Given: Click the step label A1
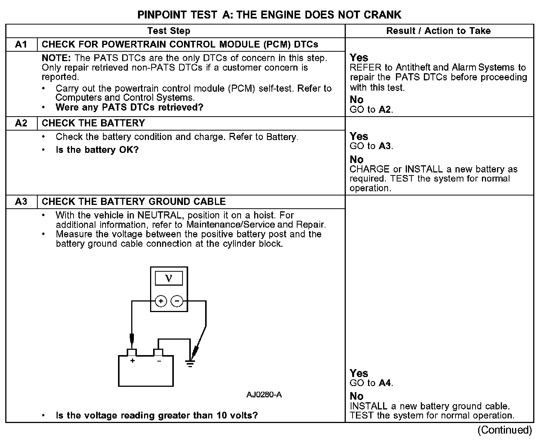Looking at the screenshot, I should click(x=21, y=45).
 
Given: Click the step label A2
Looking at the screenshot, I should click(x=21, y=123).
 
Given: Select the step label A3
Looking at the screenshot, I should click(x=21, y=202).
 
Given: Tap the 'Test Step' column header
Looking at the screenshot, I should click(x=169, y=31).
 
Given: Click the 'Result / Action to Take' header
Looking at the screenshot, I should click(x=439, y=31).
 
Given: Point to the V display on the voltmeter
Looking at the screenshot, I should click(x=169, y=278).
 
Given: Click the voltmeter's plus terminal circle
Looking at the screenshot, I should click(x=161, y=301).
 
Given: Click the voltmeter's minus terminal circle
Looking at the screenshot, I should click(x=177, y=301).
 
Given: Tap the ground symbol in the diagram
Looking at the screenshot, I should click(x=190, y=363).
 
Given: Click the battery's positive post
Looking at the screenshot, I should click(x=132, y=352).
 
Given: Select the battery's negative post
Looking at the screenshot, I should click(x=158, y=352).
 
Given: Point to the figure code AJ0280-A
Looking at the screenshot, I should click(x=264, y=395).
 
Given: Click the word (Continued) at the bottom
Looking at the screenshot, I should click(x=505, y=430).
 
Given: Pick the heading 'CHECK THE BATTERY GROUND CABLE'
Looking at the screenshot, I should click(x=134, y=202).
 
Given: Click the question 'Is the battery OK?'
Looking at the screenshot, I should click(x=97, y=150).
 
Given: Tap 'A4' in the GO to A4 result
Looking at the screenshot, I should click(x=385, y=383).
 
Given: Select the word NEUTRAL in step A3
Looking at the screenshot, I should click(x=159, y=215).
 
